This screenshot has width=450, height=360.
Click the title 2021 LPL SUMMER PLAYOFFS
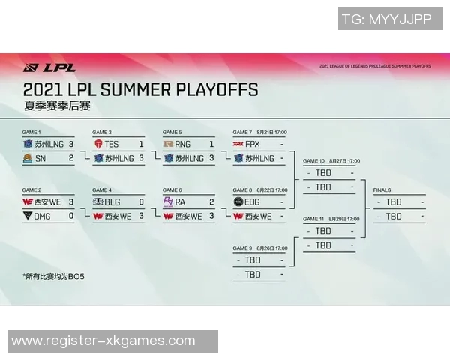tap(141, 90)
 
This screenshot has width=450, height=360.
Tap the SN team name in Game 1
tap(41, 158)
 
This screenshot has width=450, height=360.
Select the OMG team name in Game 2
tap(45, 216)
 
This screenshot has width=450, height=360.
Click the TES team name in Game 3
tap(112, 143)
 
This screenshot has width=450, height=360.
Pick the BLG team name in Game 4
tap(112, 202)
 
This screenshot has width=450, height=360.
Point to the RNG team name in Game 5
tap(183, 143)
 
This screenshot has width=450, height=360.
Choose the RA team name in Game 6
tap(180, 202)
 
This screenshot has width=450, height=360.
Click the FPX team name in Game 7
tap(253, 143)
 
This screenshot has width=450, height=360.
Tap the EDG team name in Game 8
tap(253, 202)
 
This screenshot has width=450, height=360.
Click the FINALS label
tap(382, 190)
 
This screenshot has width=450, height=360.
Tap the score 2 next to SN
tap(71, 158)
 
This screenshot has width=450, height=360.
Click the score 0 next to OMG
tap(71, 216)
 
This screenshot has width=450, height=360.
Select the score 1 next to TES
tap(141, 143)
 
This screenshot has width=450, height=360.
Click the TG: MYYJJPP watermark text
tap(386, 19)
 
